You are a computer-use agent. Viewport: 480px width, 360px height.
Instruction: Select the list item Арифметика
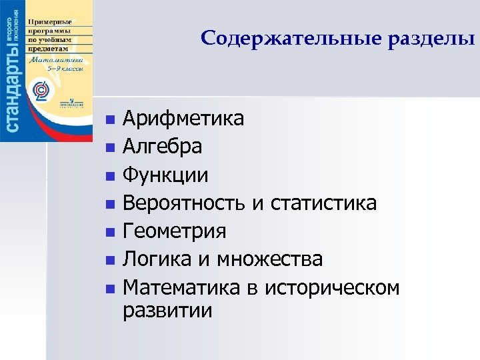pos(183,119)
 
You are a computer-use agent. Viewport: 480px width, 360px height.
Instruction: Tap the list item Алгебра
pos(163,147)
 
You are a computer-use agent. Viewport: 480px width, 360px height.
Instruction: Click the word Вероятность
pos(185,203)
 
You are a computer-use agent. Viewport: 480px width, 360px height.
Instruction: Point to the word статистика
pos(324,203)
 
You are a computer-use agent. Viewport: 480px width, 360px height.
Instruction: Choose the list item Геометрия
pos(175,231)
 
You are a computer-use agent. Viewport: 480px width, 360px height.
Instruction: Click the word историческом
pos(332,287)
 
